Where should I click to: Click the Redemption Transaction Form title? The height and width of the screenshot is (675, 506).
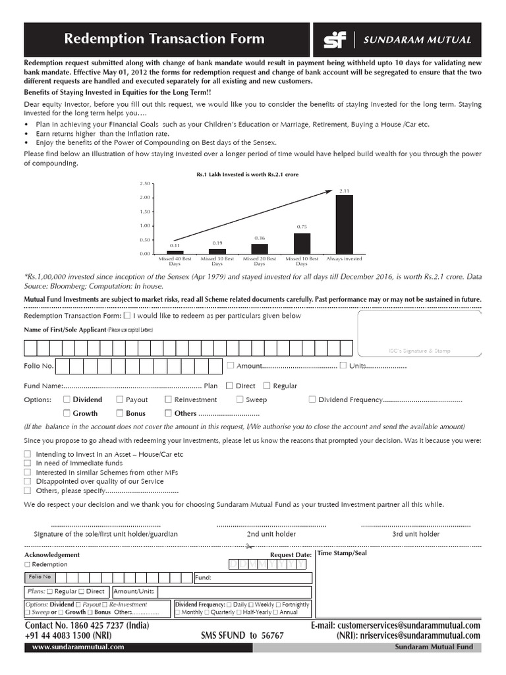[x=164, y=40]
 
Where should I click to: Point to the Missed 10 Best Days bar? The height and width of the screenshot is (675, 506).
[x=302, y=243]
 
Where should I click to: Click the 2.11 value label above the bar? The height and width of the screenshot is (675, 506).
[x=344, y=191]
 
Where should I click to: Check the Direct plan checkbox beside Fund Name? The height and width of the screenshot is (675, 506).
[x=229, y=386]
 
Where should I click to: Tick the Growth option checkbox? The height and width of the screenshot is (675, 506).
[x=67, y=413]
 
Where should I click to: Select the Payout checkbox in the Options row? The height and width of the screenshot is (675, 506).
[x=120, y=399]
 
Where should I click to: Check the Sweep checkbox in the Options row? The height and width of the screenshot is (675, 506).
[x=240, y=399]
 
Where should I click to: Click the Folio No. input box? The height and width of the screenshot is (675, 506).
[x=138, y=367]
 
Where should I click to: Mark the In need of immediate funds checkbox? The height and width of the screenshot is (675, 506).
[x=27, y=463]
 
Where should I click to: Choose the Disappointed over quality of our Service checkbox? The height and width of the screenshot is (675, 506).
[x=27, y=482]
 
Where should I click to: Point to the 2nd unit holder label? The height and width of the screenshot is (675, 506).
[x=271, y=534]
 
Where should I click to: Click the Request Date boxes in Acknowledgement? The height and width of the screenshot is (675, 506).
[x=267, y=565]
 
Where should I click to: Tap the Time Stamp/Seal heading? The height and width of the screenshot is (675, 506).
[x=342, y=553]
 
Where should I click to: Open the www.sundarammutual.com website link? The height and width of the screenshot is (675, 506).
[x=78, y=647]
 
